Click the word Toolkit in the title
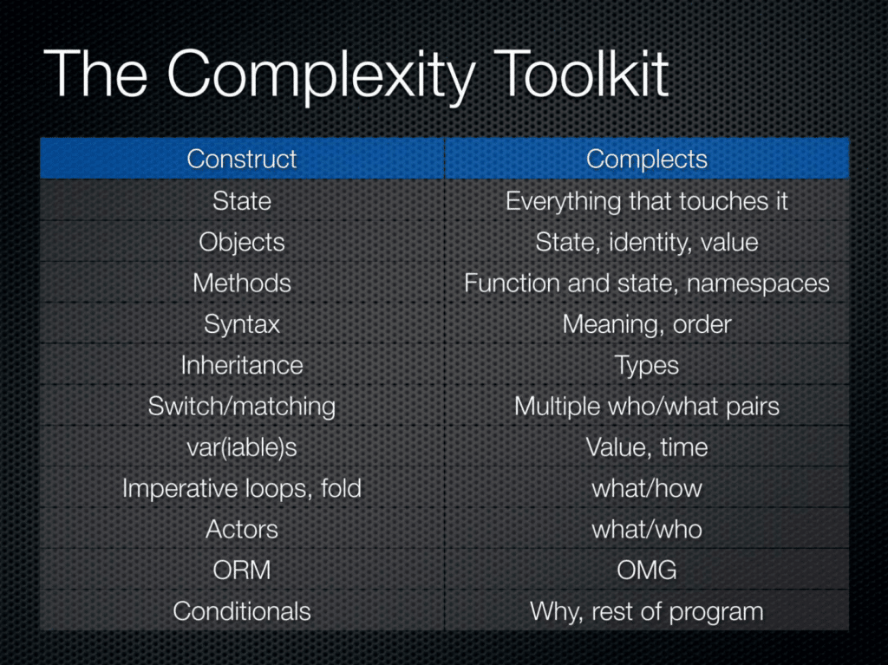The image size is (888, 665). pyautogui.click(x=582, y=75)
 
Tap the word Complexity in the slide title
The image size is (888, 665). pyautogui.click(x=321, y=77)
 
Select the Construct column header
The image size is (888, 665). pyautogui.click(x=242, y=159)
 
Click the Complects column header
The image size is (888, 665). pyautogui.click(x=647, y=160)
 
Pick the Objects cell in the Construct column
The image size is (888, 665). pyautogui.click(x=242, y=243)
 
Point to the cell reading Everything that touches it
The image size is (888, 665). pyautogui.click(x=647, y=201)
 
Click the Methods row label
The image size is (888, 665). pyautogui.click(x=242, y=283)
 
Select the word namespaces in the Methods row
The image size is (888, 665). pyautogui.click(x=758, y=284)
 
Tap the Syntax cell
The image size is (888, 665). pyautogui.click(x=242, y=325)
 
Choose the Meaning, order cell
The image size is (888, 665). pyautogui.click(x=647, y=324)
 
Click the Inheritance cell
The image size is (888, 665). pyautogui.click(x=242, y=365)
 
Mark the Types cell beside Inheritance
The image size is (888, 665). pyautogui.click(x=647, y=366)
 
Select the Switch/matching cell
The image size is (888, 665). pyautogui.click(x=242, y=407)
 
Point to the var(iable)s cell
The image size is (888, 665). pyautogui.click(x=242, y=447)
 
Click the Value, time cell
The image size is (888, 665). pyautogui.click(x=647, y=447)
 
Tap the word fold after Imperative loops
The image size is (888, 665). pyautogui.click(x=341, y=488)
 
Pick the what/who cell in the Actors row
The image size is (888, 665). pyautogui.click(x=647, y=529)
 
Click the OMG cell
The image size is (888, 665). pyautogui.click(x=647, y=570)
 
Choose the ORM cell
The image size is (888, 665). pyautogui.click(x=242, y=570)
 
